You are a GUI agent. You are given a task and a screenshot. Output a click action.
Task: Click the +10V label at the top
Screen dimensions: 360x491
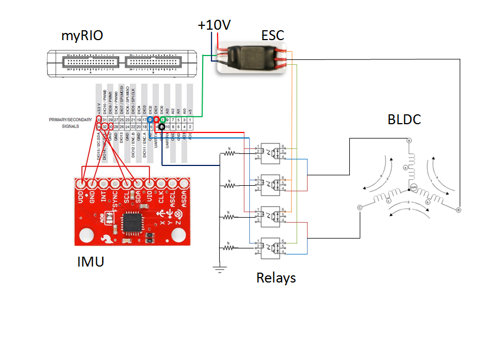point(214,25)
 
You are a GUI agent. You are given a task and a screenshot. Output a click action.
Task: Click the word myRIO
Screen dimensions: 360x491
point(82,37)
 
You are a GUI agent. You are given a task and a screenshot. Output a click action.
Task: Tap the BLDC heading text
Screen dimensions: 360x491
point(404,119)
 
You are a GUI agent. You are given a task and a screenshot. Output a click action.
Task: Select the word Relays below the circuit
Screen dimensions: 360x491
point(276,278)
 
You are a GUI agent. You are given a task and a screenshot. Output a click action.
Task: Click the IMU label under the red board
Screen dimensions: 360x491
point(91,262)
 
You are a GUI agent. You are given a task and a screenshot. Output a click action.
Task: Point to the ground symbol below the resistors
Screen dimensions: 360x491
point(220,268)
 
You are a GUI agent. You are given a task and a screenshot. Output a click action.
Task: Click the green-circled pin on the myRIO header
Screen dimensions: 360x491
point(163,119)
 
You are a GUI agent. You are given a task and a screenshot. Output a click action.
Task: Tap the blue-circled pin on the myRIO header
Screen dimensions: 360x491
point(150,119)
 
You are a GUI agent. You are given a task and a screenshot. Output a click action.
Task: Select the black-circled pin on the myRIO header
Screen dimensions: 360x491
point(162,126)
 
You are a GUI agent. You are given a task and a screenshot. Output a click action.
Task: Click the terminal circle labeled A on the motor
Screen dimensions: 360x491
point(409,141)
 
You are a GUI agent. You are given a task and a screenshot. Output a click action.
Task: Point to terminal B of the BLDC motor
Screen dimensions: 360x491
point(458,209)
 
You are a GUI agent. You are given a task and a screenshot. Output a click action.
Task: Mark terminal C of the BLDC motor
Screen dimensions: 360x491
point(359,208)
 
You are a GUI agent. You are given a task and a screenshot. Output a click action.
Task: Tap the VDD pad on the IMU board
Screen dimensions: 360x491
point(82,183)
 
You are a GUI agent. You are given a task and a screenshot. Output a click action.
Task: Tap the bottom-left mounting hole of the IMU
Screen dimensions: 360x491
point(87,236)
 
